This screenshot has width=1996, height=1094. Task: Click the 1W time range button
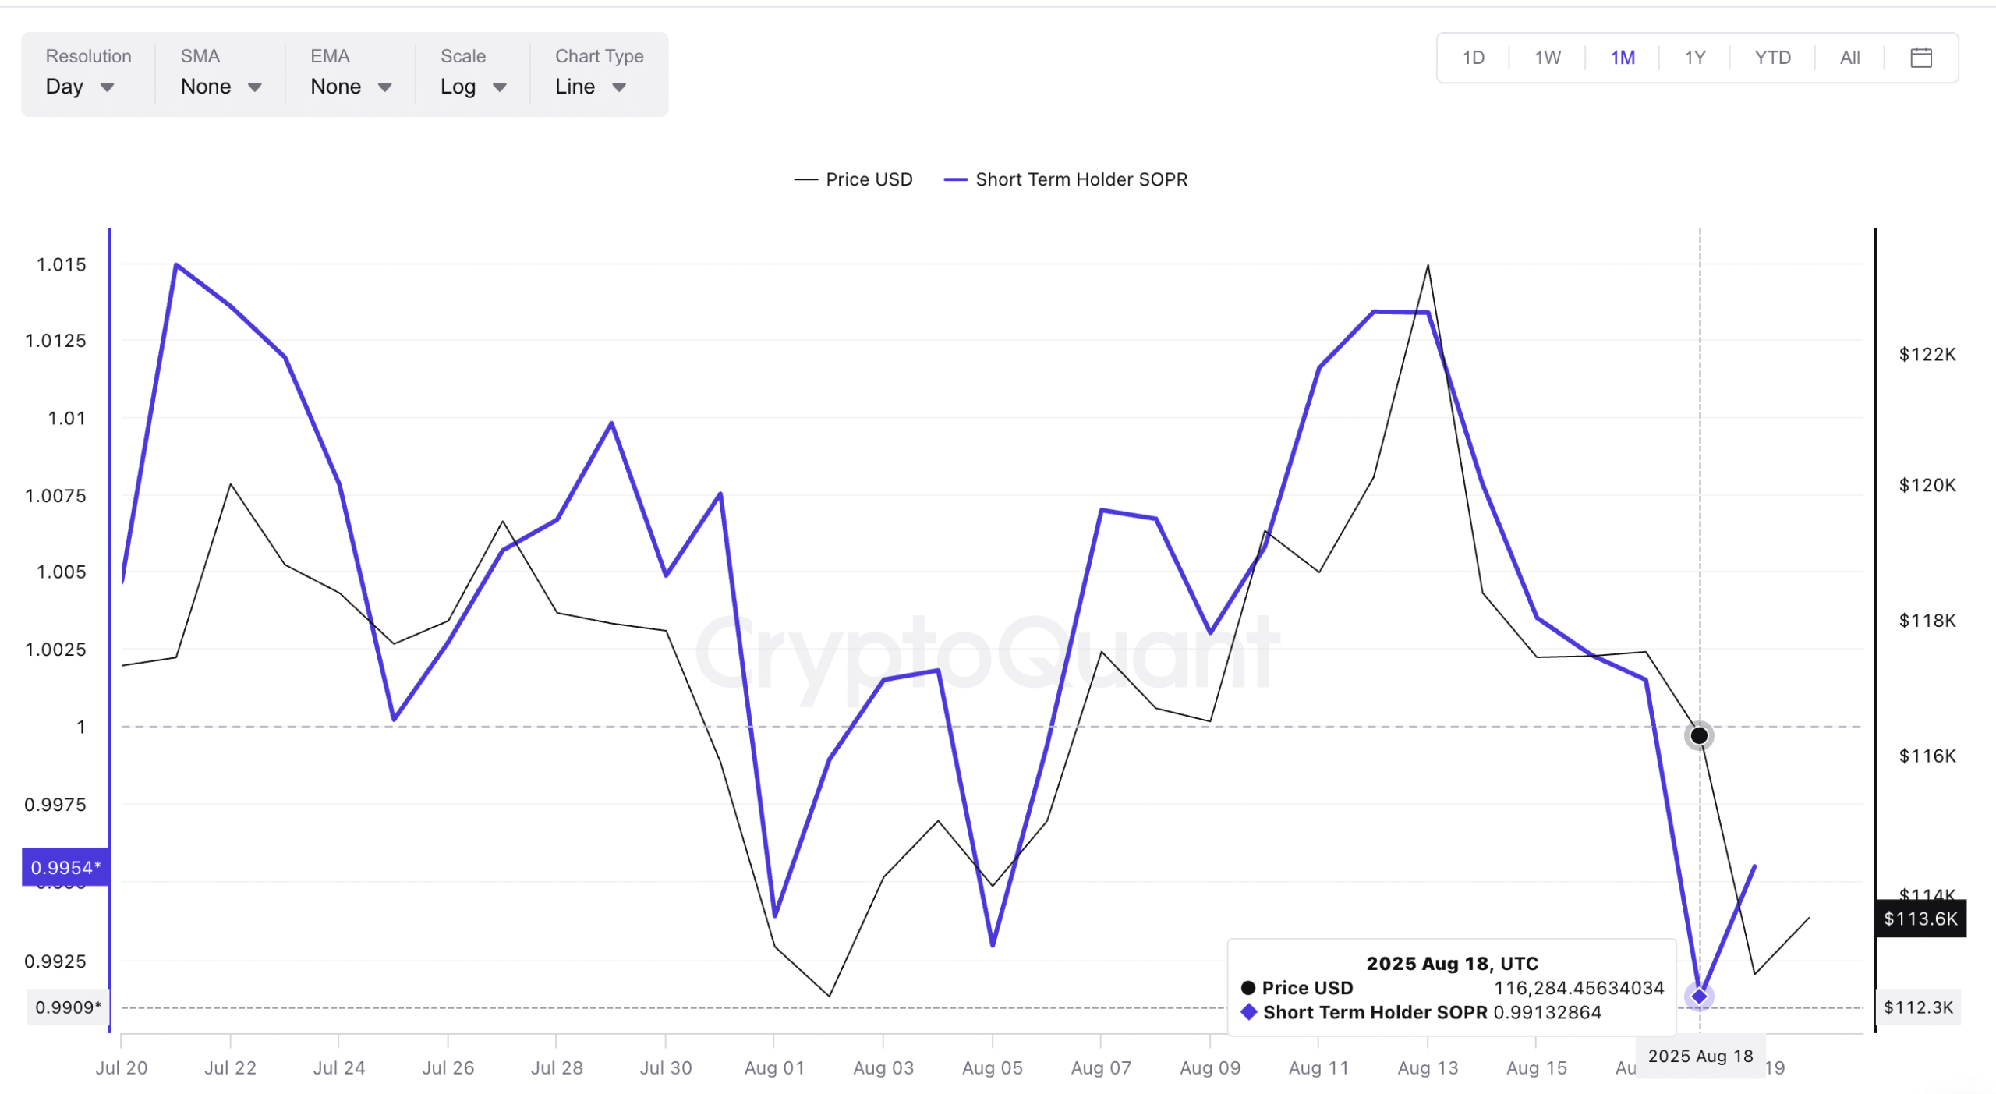pyautogui.click(x=1547, y=58)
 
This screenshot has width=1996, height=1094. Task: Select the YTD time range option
pyautogui.click(x=1771, y=58)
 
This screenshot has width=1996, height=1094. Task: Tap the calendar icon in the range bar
pyautogui.click(x=1920, y=58)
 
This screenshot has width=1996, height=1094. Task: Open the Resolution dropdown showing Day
pyautogui.click(x=80, y=87)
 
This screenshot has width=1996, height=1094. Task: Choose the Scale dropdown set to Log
pyautogui.click(x=473, y=87)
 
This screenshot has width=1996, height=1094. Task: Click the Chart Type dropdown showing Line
pyautogui.click(x=590, y=87)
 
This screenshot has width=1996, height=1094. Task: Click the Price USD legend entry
pyautogui.click(x=854, y=179)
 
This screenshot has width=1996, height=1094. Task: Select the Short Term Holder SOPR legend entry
pyautogui.click(x=1066, y=179)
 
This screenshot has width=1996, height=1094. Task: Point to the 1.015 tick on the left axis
pyautogui.click(x=62, y=265)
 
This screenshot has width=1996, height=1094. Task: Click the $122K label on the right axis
pyautogui.click(x=1927, y=355)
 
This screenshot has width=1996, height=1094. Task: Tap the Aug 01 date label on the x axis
pyautogui.click(x=773, y=1067)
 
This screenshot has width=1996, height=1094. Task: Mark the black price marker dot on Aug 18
pyautogui.click(x=1698, y=735)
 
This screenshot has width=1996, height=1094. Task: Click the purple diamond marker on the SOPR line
pyautogui.click(x=1698, y=996)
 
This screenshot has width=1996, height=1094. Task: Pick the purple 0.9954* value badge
pyautogui.click(x=65, y=867)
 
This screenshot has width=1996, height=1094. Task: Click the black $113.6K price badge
pyautogui.click(x=1920, y=918)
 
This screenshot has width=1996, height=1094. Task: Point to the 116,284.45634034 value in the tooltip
pyautogui.click(x=1578, y=988)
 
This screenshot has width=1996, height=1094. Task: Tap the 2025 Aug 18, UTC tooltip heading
pyautogui.click(x=1452, y=963)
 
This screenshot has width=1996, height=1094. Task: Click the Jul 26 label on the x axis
pyautogui.click(x=448, y=1067)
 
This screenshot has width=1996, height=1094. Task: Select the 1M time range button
pyautogui.click(x=1622, y=58)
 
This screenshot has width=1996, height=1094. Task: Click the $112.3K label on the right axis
pyautogui.click(x=1917, y=1007)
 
